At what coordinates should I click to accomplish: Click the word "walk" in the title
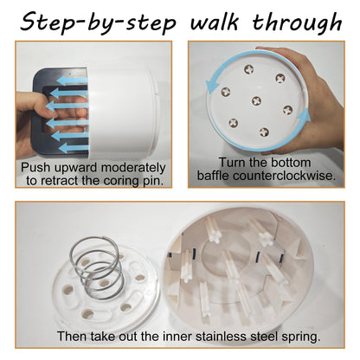(x=215, y=22)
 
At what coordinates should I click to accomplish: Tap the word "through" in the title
(x=298, y=23)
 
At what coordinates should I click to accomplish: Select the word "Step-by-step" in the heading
(x=98, y=23)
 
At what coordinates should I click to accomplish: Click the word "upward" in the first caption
(x=76, y=168)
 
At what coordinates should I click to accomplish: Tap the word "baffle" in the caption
(x=214, y=175)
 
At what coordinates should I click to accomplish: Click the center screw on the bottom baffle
(x=256, y=100)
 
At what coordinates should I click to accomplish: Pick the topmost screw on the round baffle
(x=248, y=69)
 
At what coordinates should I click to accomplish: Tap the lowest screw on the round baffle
(x=264, y=132)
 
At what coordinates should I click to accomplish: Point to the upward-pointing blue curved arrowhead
(x=304, y=116)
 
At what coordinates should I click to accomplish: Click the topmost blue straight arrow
(x=72, y=80)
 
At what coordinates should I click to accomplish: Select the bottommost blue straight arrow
(x=74, y=148)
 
